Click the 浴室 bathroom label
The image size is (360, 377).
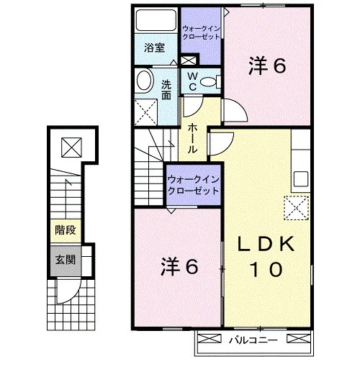[x=155, y=47]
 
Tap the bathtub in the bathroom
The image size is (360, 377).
[x=156, y=20]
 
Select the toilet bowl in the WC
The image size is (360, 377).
[x=208, y=82]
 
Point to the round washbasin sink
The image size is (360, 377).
[x=145, y=81]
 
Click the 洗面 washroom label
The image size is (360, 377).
[x=166, y=90]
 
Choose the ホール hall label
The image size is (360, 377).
[x=192, y=138]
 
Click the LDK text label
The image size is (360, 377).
[x=266, y=244]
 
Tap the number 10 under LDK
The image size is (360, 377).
[x=266, y=269]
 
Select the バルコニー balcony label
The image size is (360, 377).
[x=253, y=340]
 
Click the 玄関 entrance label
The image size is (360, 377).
[x=66, y=260]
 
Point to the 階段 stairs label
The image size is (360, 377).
[x=66, y=230]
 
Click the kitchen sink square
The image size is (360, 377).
[x=301, y=179]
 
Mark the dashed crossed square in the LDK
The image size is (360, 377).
[x=296, y=208]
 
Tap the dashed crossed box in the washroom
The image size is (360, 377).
[x=146, y=112]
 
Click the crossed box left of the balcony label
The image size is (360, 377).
[x=210, y=338]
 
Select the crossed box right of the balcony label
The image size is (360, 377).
[x=299, y=338]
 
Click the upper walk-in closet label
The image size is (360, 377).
[x=201, y=32]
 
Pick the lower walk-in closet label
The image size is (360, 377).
[x=193, y=185]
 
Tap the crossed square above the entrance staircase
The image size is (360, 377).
[x=71, y=147]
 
